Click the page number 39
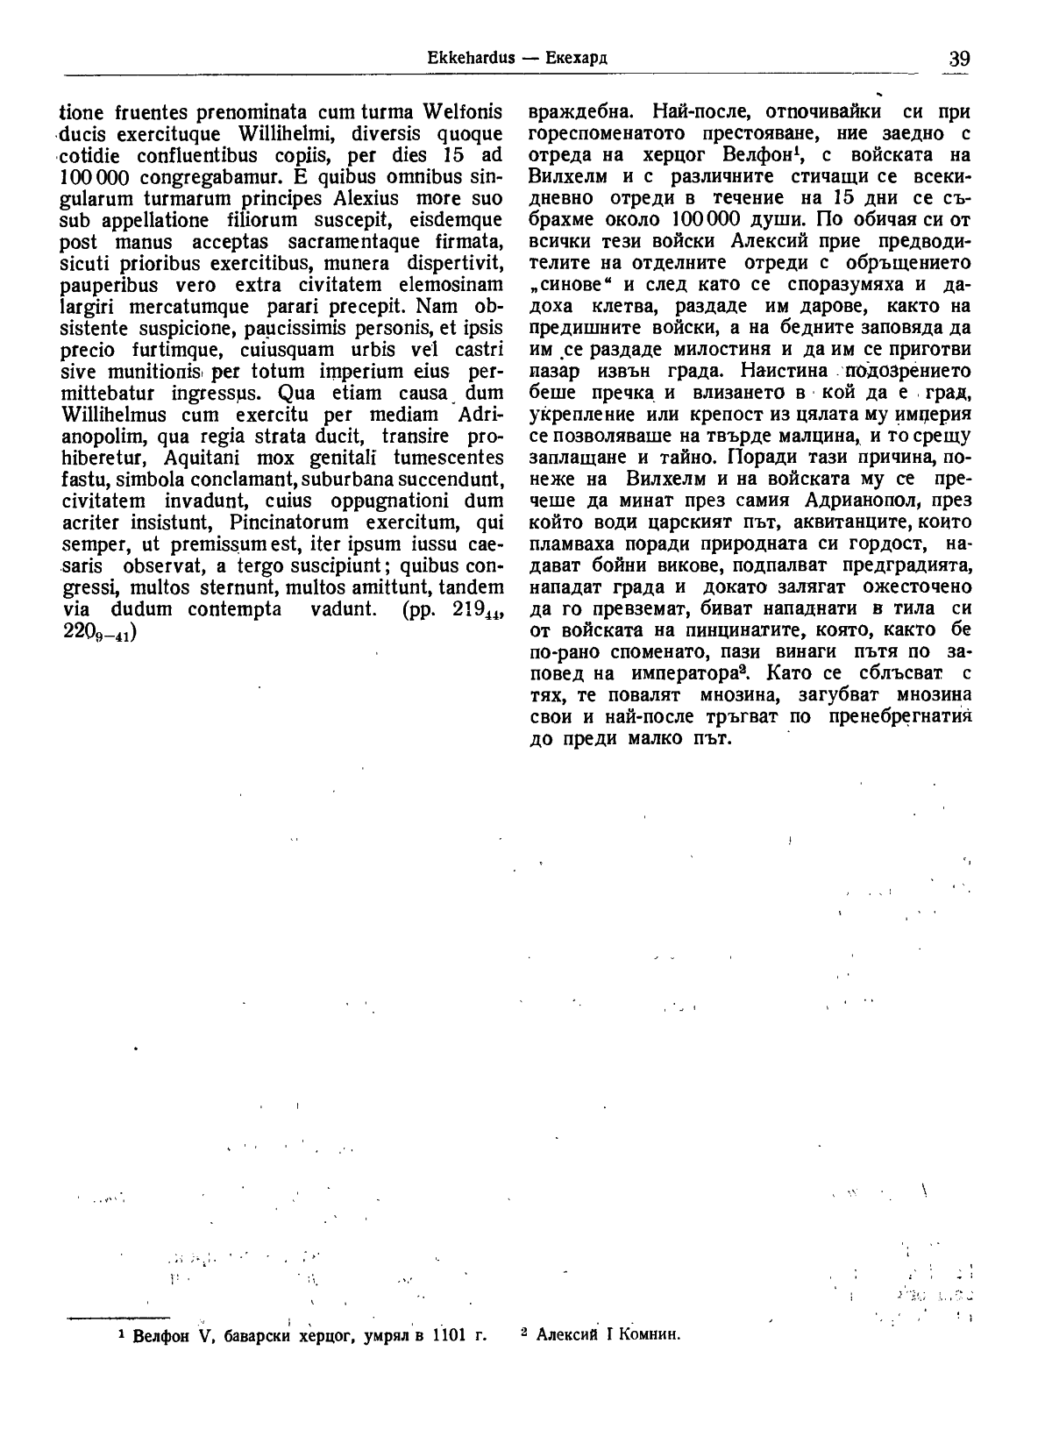[959, 59]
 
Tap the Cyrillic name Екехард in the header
[577, 59]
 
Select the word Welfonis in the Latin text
[463, 112]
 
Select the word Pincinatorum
[288, 523]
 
